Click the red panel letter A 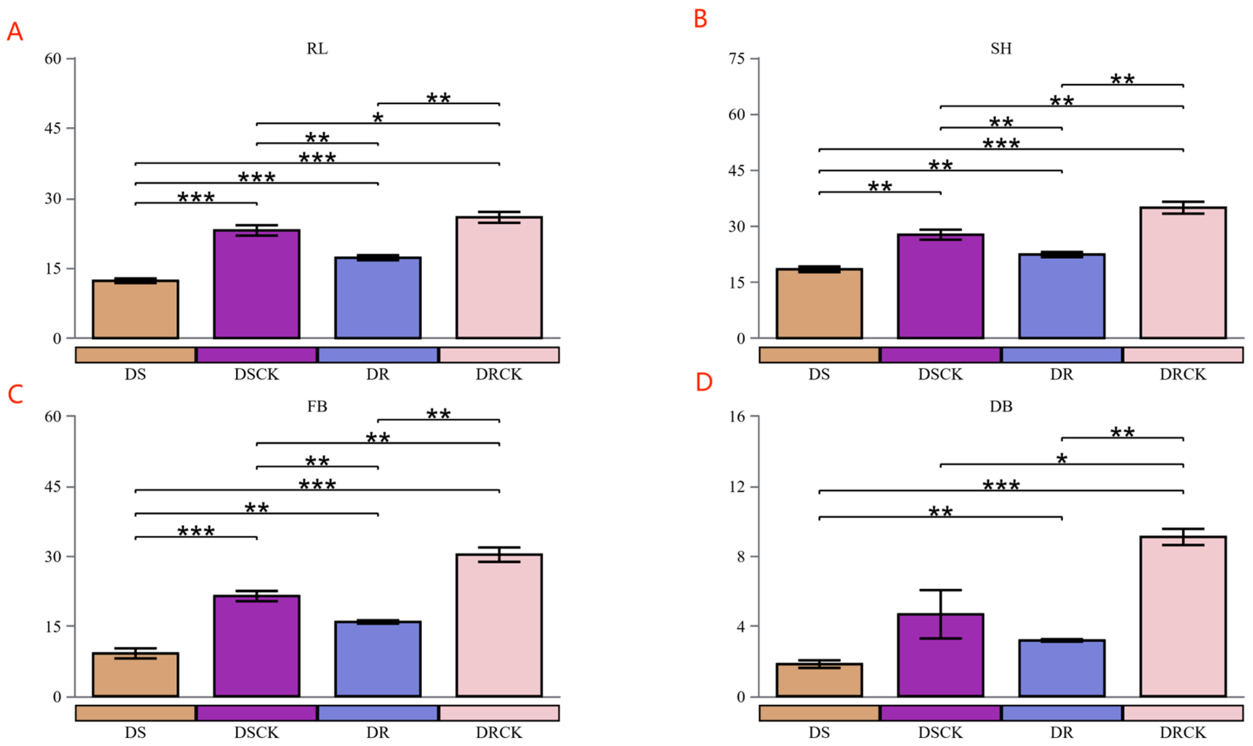15,32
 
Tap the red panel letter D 704,383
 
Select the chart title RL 317,49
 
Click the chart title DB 1001,406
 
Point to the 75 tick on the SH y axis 737,59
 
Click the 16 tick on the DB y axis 737,417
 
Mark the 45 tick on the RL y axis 53,129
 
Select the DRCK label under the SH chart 1183,375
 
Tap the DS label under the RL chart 135,375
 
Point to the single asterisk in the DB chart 1062,459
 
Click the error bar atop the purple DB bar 940,614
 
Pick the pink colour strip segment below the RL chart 499,355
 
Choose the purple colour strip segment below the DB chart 940,713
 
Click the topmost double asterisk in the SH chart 1122,80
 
